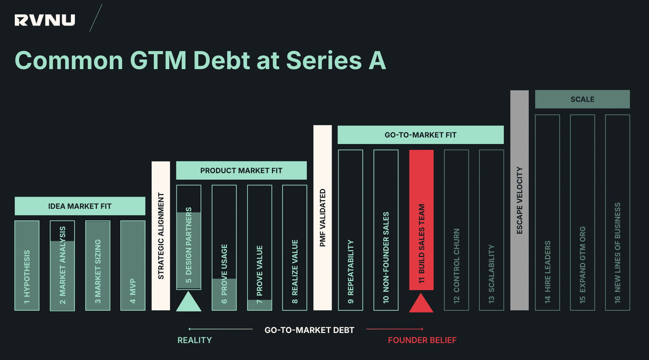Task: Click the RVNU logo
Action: [45, 20]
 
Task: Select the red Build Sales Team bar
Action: [421, 220]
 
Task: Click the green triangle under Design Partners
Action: [188, 303]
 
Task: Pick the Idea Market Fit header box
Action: [80, 206]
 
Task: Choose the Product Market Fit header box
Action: [241, 170]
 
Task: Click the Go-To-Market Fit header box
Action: [420, 135]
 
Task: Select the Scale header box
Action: [582, 99]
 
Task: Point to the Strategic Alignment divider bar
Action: [161, 236]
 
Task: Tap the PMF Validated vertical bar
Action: [322, 218]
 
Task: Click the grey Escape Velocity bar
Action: [519, 200]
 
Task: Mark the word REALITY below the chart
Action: [194, 340]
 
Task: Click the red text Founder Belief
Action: [422, 340]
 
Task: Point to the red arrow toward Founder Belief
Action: [394, 329]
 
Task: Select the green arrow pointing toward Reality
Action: [220, 329]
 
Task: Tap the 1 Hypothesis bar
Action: [27, 265]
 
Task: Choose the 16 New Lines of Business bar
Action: [617, 212]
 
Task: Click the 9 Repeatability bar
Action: [350, 230]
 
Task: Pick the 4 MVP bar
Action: [133, 265]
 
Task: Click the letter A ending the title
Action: [377, 60]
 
